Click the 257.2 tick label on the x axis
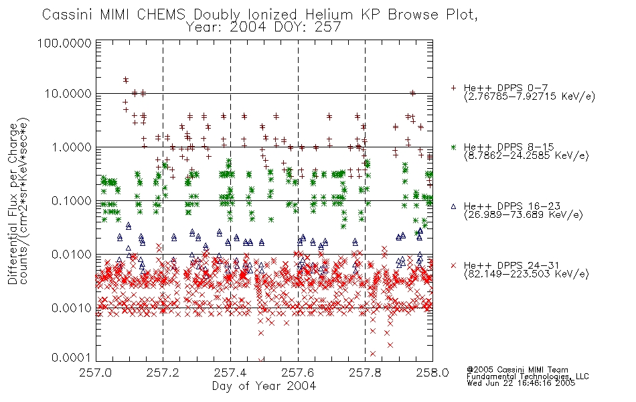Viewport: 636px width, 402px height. tap(163, 373)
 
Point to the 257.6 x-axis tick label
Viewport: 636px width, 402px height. tap(298, 373)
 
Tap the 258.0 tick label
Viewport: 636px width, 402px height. tap(432, 373)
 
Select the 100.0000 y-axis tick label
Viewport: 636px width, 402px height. tap(65, 43)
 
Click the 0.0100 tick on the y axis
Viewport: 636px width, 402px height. tap(72, 255)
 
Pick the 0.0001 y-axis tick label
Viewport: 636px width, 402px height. tap(72, 357)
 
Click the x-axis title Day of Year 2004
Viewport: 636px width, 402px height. tap(264, 386)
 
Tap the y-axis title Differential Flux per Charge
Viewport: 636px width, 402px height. tap(13, 204)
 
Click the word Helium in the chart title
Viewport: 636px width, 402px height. tap(329, 15)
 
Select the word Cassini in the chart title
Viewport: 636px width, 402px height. tap(68, 15)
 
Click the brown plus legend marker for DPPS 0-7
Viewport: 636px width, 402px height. tap(453, 88)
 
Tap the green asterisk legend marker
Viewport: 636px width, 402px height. tap(453, 147)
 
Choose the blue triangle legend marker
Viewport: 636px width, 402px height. tap(453, 206)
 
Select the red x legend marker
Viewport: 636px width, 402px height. tap(453, 265)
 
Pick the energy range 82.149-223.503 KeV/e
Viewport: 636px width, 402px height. tap(526, 274)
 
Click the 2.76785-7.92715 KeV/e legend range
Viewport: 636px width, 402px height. tap(530, 96)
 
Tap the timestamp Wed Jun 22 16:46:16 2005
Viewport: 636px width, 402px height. tap(521, 383)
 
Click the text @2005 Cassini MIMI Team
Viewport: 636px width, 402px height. tap(518, 370)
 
